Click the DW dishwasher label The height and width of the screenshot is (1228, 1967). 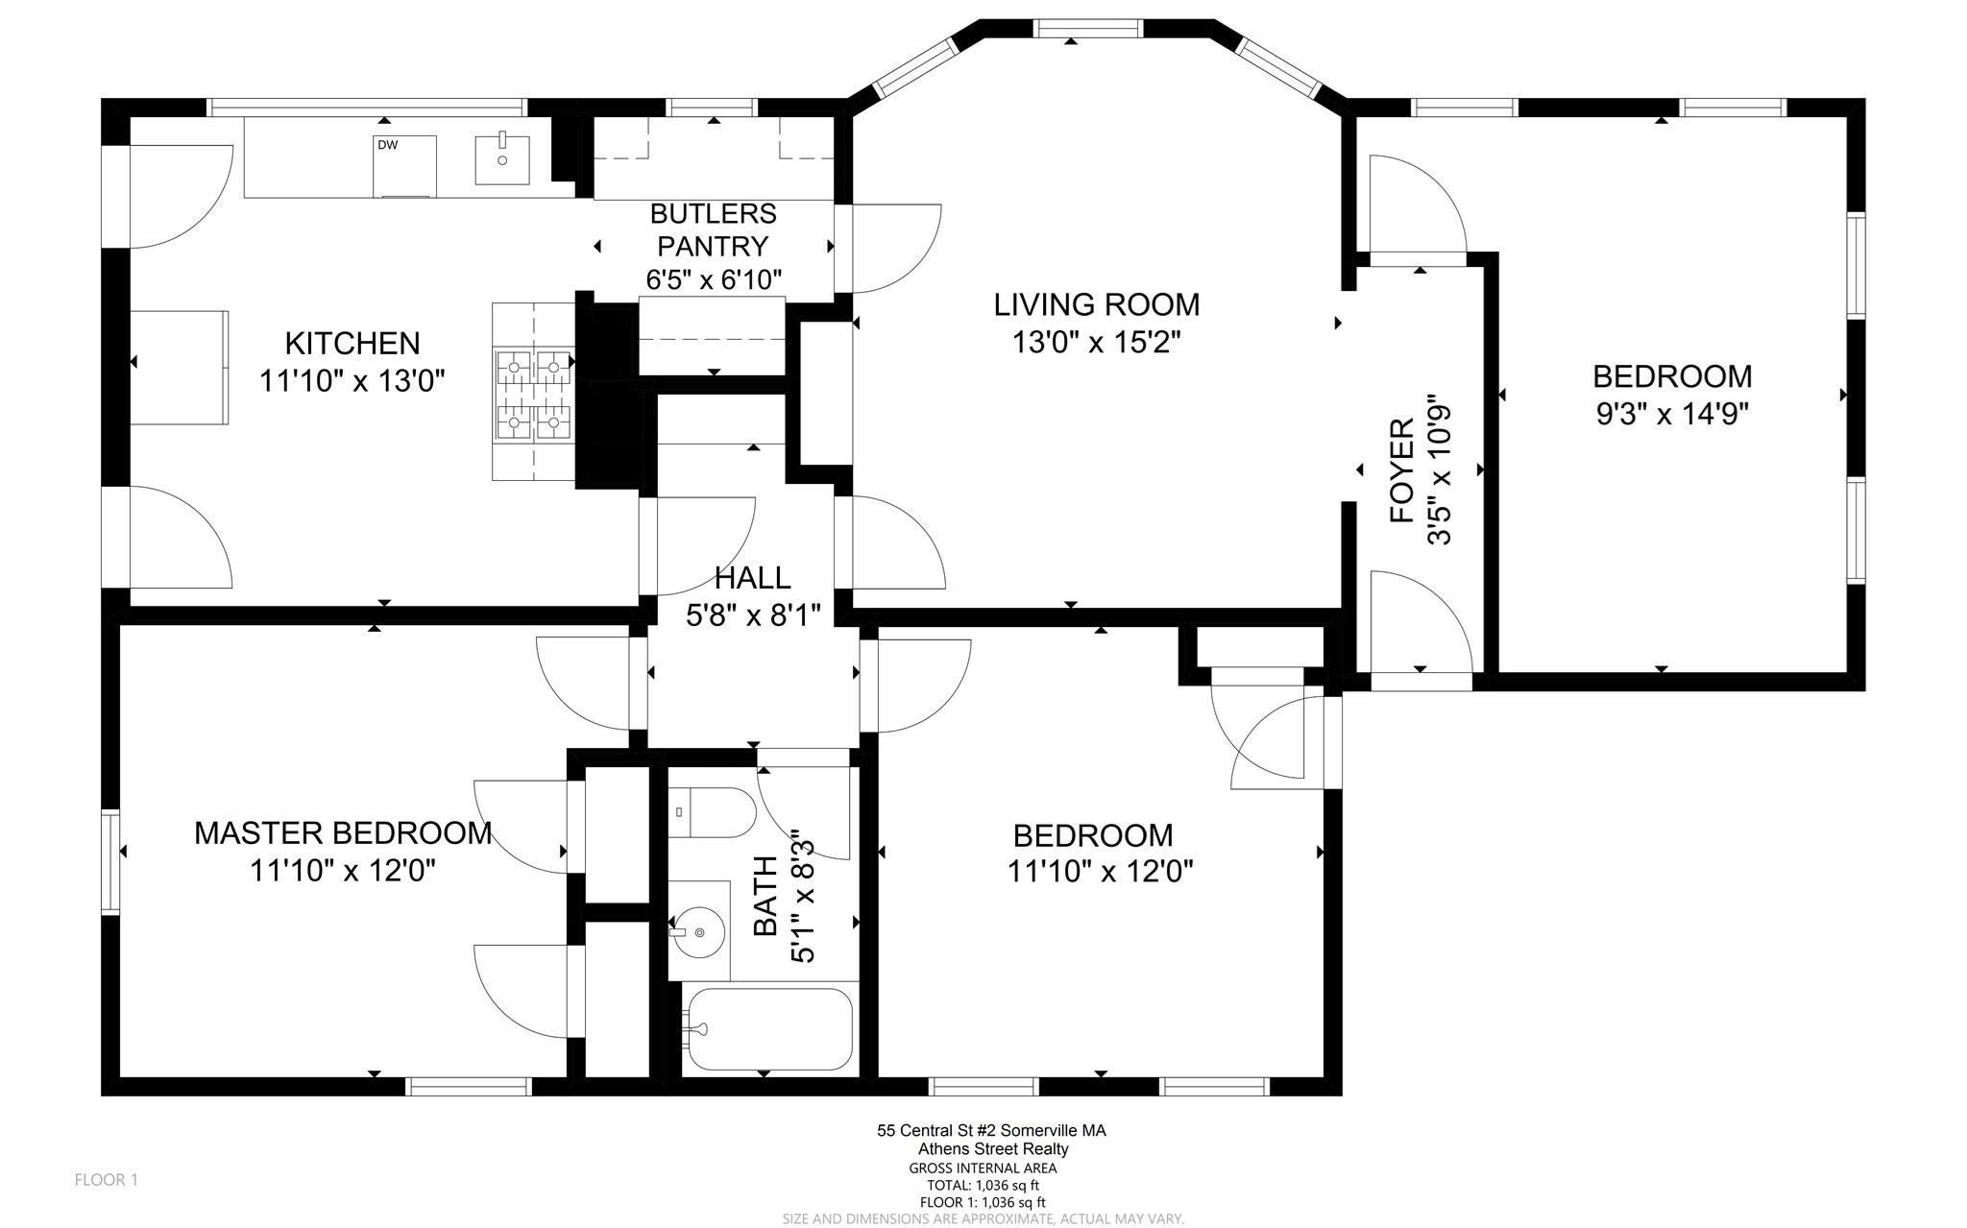(387, 146)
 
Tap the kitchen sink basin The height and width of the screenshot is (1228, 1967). (501, 159)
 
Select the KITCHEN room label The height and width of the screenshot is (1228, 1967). (352, 343)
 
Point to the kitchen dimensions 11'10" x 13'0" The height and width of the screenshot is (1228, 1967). (352, 381)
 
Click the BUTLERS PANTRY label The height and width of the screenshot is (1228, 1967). (713, 229)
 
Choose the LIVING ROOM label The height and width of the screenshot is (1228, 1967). (1097, 304)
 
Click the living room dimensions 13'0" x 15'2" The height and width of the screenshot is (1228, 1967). (1097, 342)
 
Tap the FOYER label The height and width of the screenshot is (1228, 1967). (1403, 470)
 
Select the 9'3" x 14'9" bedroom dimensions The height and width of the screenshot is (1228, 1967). (1672, 414)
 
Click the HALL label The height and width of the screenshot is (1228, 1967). (753, 577)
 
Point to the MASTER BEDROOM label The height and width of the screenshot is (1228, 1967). (343, 832)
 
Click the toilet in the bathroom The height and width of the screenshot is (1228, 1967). (712, 812)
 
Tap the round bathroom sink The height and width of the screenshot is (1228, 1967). (699, 930)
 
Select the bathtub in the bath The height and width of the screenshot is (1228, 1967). (767, 1029)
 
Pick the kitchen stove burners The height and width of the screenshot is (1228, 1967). (533, 393)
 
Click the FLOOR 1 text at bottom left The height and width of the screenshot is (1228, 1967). (107, 1180)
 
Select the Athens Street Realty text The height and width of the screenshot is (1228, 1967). (993, 1149)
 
